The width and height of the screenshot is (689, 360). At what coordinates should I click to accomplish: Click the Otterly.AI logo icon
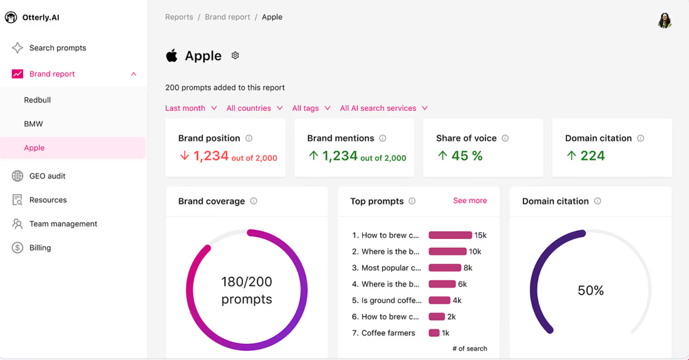pyautogui.click(x=11, y=17)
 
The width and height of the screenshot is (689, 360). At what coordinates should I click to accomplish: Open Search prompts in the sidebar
pyautogui.click(x=57, y=48)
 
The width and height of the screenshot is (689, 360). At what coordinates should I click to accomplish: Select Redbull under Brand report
pyautogui.click(x=37, y=100)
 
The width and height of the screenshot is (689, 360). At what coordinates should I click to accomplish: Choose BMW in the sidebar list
pyautogui.click(x=34, y=124)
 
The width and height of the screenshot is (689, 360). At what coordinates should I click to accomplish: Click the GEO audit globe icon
pyautogui.click(x=17, y=176)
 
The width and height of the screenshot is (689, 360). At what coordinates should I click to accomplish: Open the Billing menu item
pyautogui.click(x=40, y=248)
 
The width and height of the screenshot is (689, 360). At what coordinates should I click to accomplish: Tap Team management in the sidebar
pyautogui.click(x=63, y=224)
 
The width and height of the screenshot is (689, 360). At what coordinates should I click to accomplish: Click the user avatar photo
pyautogui.click(x=664, y=20)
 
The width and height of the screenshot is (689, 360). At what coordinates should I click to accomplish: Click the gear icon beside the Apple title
pyautogui.click(x=235, y=56)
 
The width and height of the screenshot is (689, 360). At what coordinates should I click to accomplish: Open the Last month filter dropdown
pyautogui.click(x=191, y=108)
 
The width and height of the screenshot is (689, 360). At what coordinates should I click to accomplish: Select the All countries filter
pyautogui.click(x=254, y=108)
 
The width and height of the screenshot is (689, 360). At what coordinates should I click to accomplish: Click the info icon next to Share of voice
pyautogui.click(x=505, y=138)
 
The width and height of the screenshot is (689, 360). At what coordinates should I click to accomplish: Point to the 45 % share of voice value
pyautogui.click(x=467, y=156)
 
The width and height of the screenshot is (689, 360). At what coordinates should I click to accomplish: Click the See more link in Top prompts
pyautogui.click(x=470, y=201)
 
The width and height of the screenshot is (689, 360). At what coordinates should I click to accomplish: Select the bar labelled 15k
pyautogui.click(x=450, y=235)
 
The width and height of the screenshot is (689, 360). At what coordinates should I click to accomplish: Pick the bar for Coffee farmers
pyautogui.click(x=434, y=333)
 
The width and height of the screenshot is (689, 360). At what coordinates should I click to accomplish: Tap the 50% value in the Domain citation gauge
pyautogui.click(x=590, y=290)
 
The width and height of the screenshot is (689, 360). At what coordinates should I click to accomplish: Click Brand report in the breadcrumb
pyautogui.click(x=227, y=17)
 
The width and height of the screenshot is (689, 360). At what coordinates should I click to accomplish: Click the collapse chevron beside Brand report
pyautogui.click(x=133, y=74)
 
